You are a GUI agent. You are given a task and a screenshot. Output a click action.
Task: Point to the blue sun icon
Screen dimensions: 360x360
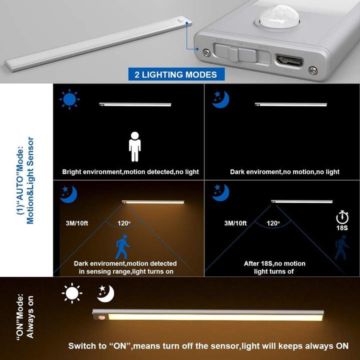pos(69,99)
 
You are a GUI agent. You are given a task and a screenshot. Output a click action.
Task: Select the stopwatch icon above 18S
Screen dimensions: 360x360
pos(342,217)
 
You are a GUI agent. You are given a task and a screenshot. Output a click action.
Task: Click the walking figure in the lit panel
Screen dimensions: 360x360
pos(122,246)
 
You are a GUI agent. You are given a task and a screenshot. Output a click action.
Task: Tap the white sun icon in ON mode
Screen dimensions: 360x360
pos(72,293)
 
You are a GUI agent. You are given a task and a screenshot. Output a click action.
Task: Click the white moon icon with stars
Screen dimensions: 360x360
pos(106,293)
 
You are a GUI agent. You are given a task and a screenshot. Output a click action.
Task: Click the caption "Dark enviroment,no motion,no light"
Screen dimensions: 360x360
pos(284,172)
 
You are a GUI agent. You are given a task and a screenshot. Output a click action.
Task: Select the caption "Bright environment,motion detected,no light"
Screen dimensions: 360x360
pos(130,172)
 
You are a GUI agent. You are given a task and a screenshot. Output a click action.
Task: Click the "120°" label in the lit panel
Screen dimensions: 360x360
pos(123,223)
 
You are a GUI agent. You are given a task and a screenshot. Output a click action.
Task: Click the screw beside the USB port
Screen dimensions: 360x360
pos(312,70)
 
